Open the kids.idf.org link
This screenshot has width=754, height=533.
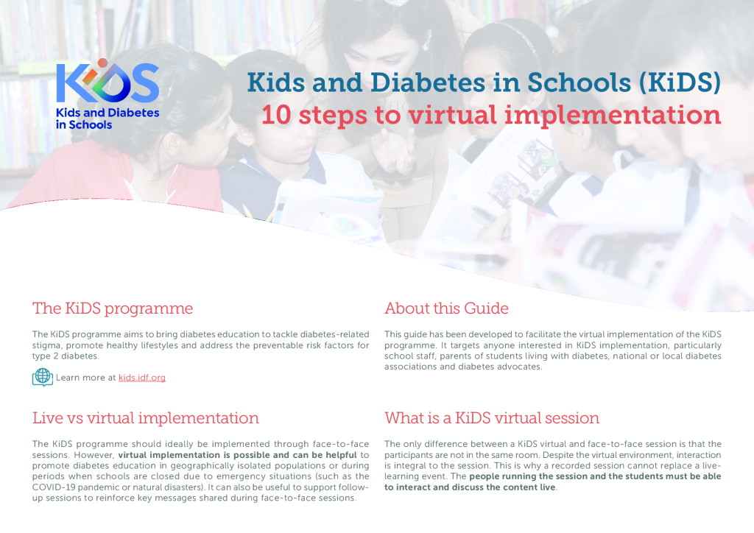click(142, 378)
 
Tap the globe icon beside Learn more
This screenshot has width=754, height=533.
click(42, 377)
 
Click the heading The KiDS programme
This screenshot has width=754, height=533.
click(113, 308)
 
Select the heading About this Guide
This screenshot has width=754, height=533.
click(446, 308)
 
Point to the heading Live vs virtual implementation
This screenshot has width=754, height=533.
click(145, 418)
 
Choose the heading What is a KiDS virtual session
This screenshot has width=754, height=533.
click(491, 418)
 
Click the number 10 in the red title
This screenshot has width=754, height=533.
click(277, 116)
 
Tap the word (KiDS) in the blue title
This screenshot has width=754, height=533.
click(680, 82)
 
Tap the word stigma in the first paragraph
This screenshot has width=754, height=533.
click(46, 345)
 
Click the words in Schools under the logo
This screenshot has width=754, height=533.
click(84, 125)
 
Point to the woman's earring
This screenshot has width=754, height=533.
click(425, 46)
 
